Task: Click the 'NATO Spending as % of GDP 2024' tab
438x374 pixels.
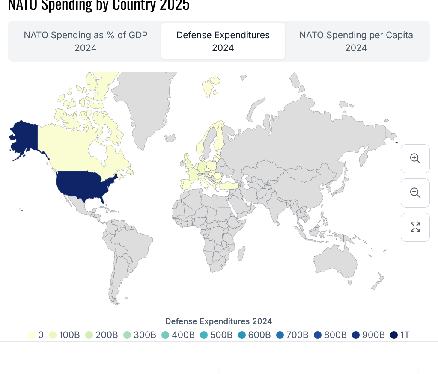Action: [x=85, y=41]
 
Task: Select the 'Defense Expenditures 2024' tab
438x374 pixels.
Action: [x=223, y=41]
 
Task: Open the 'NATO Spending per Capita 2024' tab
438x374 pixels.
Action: [x=356, y=41]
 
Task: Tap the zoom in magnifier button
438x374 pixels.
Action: [x=415, y=159]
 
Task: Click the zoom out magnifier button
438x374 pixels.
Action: [x=415, y=193]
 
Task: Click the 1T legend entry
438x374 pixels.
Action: [x=400, y=335]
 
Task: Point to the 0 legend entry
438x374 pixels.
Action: [x=36, y=335]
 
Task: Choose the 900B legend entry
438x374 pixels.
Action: [x=368, y=335]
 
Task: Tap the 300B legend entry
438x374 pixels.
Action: [x=140, y=335]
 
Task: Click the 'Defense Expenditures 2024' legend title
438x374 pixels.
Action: [x=218, y=321]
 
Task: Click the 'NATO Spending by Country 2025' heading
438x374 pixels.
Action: [x=98, y=5]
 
